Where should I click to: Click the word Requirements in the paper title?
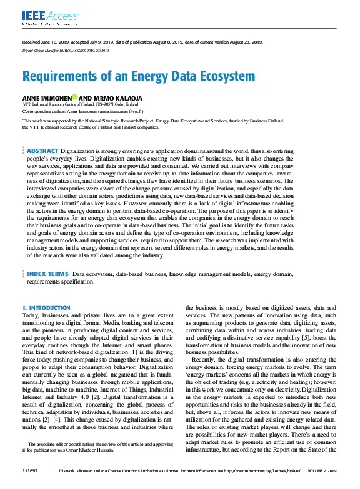pyautogui.click(x=60, y=76)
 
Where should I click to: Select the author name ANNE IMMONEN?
pyautogui.click(x=46, y=97)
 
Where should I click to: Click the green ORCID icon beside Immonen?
pyautogui.click(x=74, y=97)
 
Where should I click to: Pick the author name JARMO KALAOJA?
pyautogui.click(x=118, y=97)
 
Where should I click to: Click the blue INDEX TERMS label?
pyautogui.click(x=47, y=274)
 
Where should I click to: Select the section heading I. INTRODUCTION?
pyautogui.click(x=46, y=308)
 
